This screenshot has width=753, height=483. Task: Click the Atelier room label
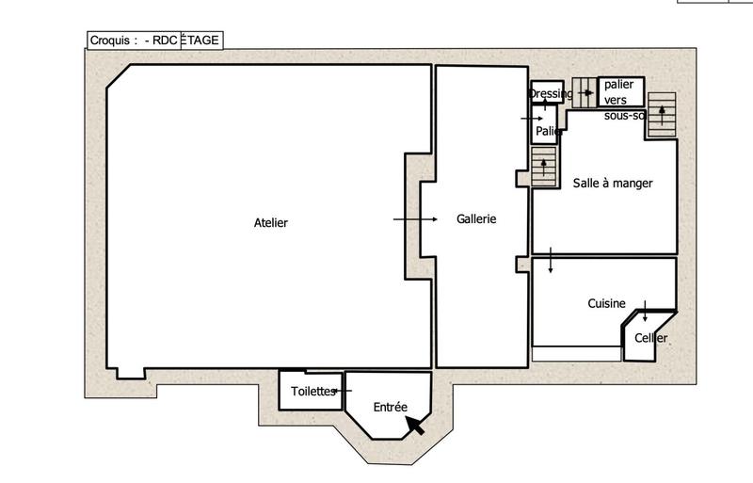point(270,223)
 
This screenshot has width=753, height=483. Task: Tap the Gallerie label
point(476,218)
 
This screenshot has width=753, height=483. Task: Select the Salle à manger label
point(612,183)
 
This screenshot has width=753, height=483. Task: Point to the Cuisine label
point(606,303)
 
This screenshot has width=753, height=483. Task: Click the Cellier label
point(650,338)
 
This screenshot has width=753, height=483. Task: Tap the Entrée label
point(390,408)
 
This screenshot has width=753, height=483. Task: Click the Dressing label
point(551,93)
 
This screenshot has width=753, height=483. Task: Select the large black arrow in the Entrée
point(414,426)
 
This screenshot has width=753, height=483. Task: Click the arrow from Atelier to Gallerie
point(415,218)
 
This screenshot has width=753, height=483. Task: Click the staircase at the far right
point(663,114)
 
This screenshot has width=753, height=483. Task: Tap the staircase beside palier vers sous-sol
point(585,91)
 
